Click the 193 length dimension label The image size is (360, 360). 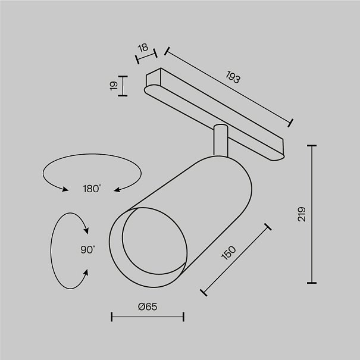click(x=233, y=77)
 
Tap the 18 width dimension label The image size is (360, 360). click(x=143, y=48)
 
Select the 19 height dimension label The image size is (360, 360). click(x=114, y=86)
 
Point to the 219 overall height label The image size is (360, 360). click(x=302, y=214)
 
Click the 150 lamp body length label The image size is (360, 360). click(x=228, y=253)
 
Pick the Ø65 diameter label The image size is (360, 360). click(x=148, y=306)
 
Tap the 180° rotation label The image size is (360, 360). click(x=92, y=189)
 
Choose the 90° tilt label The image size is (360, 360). click(x=87, y=249)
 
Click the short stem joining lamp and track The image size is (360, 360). click(x=221, y=140)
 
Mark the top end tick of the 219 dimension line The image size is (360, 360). click(x=312, y=145)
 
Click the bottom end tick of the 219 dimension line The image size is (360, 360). click(x=312, y=283)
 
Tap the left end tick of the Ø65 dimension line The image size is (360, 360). click(x=112, y=317)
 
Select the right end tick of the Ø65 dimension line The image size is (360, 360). click(x=183, y=317)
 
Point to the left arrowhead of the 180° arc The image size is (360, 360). click(x=65, y=189)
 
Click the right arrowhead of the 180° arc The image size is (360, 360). click(x=117, y=190)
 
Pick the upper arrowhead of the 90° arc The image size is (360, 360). click(x=86, y=230)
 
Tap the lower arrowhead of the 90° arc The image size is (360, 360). click(x=86, y=273)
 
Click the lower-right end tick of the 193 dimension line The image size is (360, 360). click(x=290, y=123)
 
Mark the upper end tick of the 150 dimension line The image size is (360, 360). click(x=268, y=227)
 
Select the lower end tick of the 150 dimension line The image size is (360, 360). click(x=204, y=293)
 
